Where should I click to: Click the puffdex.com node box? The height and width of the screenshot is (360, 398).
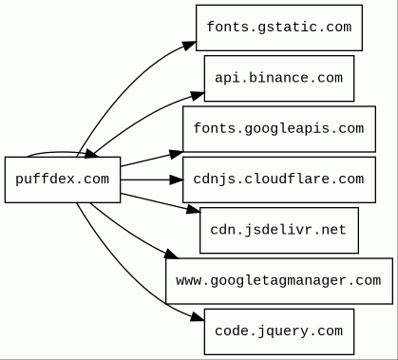click(63, 180)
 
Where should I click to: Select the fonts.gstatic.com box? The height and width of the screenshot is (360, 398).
click(279, 28)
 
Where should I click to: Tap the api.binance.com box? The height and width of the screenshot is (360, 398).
click(279, 78)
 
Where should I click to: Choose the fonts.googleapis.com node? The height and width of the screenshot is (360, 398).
click(279, 129)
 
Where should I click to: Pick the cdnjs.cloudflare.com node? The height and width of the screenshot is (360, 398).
click(279, 180)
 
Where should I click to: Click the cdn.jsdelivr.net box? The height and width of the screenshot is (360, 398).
click(279, 230)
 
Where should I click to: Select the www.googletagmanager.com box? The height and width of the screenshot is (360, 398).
click(279, 281)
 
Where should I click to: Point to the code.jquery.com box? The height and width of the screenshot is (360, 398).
click(279, 332)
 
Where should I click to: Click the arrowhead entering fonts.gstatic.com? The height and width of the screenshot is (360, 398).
click(189, 46)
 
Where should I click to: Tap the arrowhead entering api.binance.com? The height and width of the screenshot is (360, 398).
click(198, 96)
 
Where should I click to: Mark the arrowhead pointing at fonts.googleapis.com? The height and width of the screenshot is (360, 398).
click(176, 155)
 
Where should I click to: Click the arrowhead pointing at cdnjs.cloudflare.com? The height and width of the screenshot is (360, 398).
click(176, 180)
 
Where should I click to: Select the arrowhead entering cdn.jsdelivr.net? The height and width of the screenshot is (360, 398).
click(193, 209)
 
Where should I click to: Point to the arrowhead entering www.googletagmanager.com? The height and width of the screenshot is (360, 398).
click(171, 254)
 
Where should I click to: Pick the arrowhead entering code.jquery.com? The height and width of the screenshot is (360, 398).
click(198, 316)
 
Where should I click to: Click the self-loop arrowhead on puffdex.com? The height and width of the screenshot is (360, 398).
click(91, 154)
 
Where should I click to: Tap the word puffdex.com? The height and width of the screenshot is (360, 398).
click(63, 180)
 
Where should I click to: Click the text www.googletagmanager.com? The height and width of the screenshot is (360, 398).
click(278, 280)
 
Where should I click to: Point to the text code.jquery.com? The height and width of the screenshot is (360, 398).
click(278, 332)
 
